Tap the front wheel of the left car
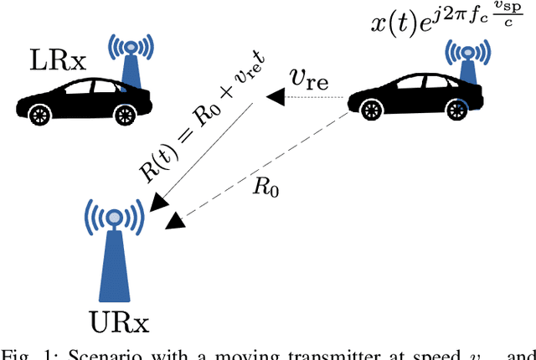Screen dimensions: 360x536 (39, 111)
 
